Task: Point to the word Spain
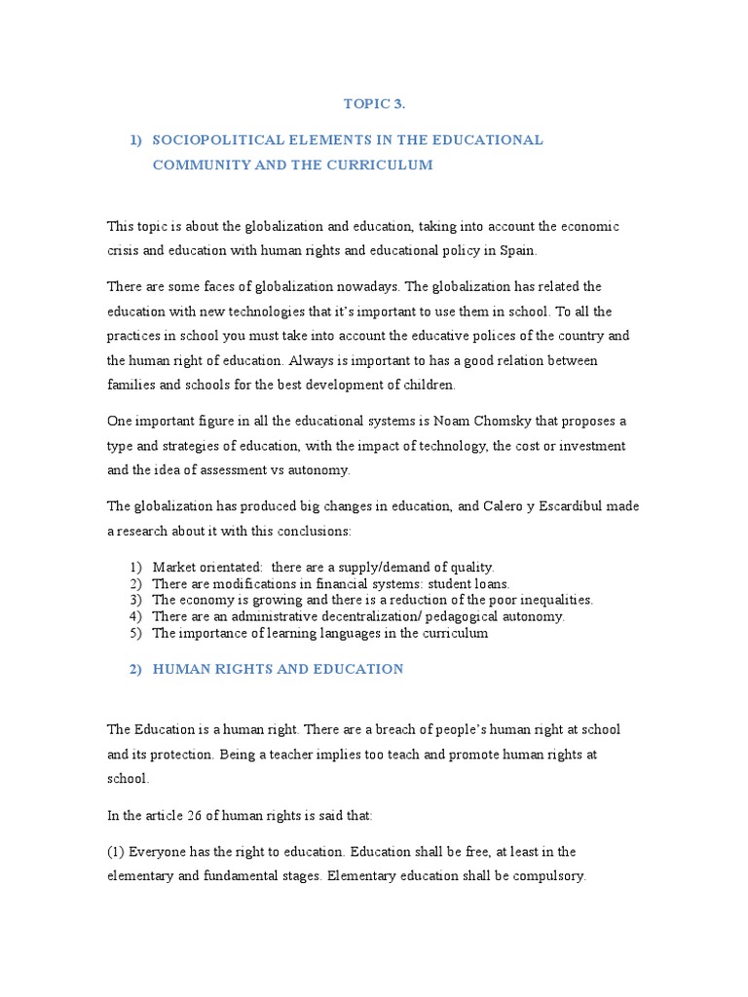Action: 516,250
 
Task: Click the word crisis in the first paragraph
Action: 125,250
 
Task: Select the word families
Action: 131,385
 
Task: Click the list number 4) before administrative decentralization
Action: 134,616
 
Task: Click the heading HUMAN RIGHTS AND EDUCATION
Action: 277,669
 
